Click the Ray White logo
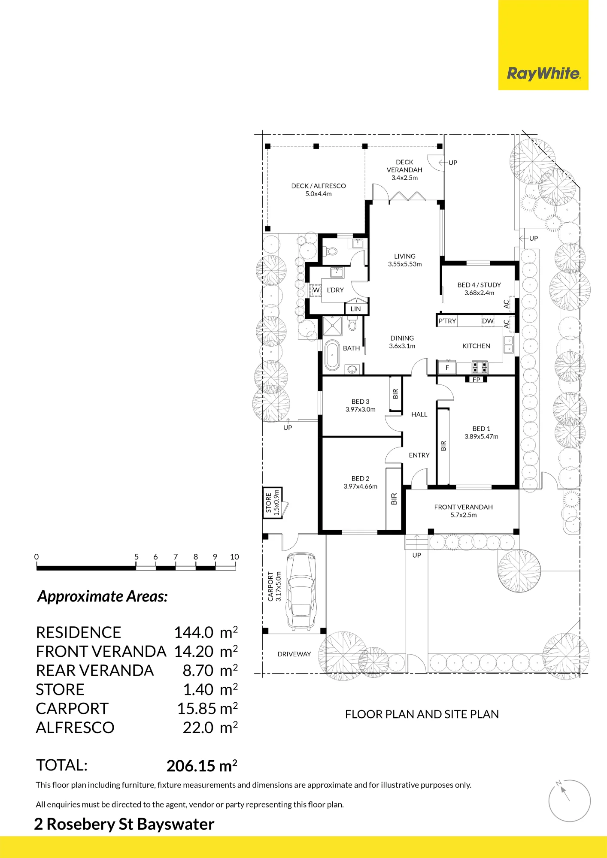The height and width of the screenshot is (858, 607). tap(543, 73)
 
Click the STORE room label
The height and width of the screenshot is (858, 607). tap(269, 503)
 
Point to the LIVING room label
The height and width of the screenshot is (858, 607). tap(405, 256)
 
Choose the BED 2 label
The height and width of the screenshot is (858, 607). tap(360, 478)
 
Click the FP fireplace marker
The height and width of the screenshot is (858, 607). tap(476, 380)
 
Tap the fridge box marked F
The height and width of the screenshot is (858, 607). tap(447, 368)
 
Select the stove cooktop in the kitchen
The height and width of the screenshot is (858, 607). tap(480, 367)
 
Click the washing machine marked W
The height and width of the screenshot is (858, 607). tap(316, 290)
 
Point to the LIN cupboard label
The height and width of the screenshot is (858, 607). tap(356, 309)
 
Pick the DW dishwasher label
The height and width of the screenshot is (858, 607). tap(488, 321)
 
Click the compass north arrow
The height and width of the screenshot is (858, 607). tap(564, 792)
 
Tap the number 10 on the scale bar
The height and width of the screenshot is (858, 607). tap(234, 557)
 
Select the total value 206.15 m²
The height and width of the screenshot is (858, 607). tap(202, 766)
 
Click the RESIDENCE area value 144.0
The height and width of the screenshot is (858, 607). tap(194, 632)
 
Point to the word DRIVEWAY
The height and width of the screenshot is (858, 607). tap(294, 654)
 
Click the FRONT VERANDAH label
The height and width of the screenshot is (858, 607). tap(464, 507)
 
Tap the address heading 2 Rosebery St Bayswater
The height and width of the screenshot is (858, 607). tap(124, 824)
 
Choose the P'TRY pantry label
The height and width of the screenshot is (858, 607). tap(447, 321)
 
